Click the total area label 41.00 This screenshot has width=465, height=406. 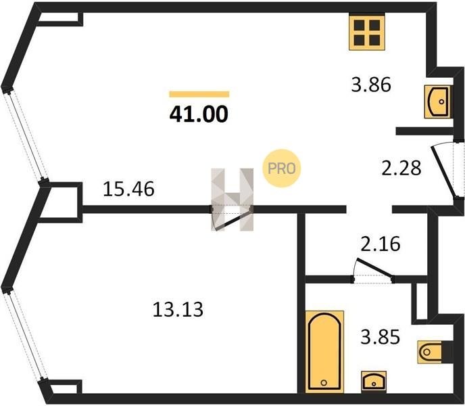pos(199,114)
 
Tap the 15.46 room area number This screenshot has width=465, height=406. pos(128,189)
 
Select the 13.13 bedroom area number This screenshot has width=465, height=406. pos(178,309)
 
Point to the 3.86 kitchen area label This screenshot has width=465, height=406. pos(371,85)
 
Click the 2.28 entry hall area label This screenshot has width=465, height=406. pos(401,168)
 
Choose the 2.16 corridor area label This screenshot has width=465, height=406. pos(381,244)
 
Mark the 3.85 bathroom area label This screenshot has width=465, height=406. pos(381,337)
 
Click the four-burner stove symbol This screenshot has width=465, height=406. pos(367,32)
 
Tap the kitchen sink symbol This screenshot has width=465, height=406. pos(437,102)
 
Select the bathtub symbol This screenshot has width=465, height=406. pos(324,352)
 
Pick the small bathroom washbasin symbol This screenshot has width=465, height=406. pos(374,381)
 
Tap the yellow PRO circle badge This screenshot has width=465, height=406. pos(281,168)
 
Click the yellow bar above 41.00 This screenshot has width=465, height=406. pos(199,94)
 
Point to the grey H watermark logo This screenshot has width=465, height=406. pos(232,200)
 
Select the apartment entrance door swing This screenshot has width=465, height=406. pos(444,172)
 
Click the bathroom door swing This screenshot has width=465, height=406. pos(374,268)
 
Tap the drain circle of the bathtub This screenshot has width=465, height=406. pos(324,382)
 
